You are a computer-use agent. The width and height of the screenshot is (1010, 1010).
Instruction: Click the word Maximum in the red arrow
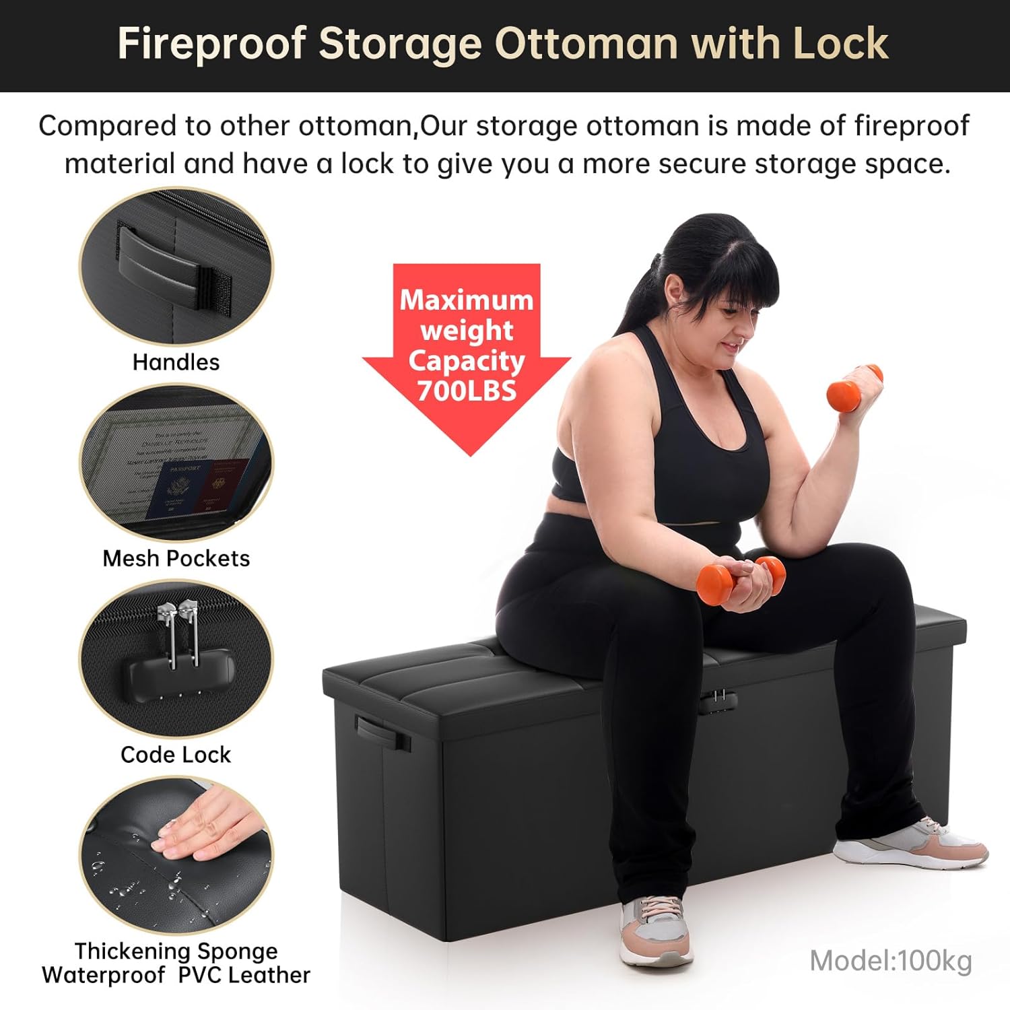466,300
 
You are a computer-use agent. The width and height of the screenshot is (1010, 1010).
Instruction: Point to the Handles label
176,362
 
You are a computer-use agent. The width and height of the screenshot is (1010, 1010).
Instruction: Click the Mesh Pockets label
176,558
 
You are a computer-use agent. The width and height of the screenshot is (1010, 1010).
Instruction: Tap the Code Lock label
176,754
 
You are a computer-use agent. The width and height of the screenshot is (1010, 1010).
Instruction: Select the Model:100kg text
890,961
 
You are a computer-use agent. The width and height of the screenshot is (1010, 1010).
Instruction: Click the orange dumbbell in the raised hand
854,384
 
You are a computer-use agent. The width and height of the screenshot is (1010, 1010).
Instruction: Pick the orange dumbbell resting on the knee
741,579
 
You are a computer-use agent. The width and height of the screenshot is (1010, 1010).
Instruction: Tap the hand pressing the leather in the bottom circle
202,825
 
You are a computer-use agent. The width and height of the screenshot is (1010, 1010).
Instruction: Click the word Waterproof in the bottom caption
103,975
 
